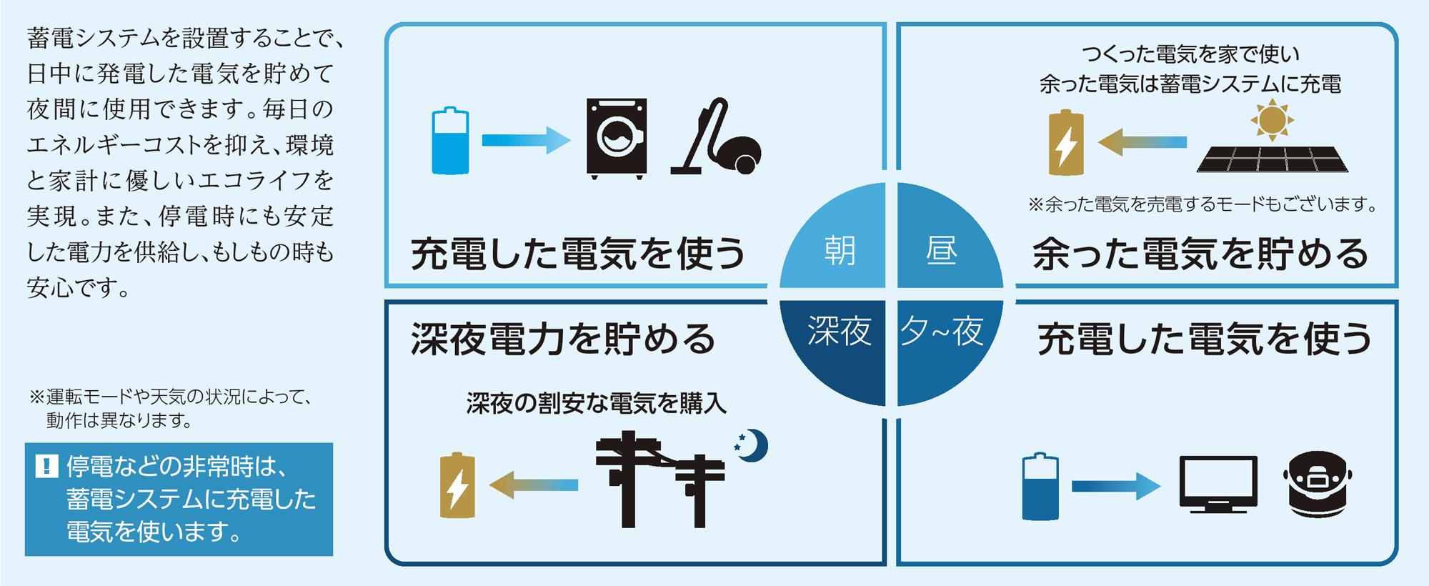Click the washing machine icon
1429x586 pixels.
pos(617,138)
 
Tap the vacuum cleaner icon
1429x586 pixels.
pos(716,136)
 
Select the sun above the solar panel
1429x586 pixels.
pos(1272,120)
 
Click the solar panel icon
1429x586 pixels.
pos(1273,159)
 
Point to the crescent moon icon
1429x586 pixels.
pos(752,446)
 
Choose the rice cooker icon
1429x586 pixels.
pos(1318,484)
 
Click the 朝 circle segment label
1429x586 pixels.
pos(840,251)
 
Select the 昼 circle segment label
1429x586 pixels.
pos(942,251)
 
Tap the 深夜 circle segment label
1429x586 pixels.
pos(840,331)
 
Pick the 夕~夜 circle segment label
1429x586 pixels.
pos(942,331)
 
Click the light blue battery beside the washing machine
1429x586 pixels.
pos(450,141)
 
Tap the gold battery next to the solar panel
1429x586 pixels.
pos(1066,142)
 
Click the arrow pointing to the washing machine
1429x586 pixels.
pos(527,140)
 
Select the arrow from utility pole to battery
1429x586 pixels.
pos(533,485)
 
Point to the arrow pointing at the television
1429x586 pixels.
pos(1116,487)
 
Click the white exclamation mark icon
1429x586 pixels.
pos(46,467)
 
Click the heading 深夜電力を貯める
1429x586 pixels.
pos(563,339)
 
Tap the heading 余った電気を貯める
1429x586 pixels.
pos(1200,254)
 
